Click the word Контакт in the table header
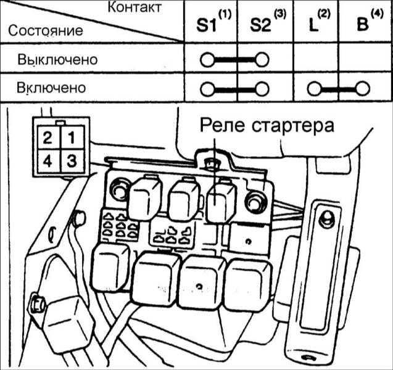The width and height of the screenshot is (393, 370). [x=134, y=8]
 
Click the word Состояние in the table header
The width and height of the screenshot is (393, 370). [x=44, y=30]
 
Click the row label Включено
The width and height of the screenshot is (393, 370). [x=52, y=88]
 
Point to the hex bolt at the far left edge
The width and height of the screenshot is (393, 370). [x=36, y=305]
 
